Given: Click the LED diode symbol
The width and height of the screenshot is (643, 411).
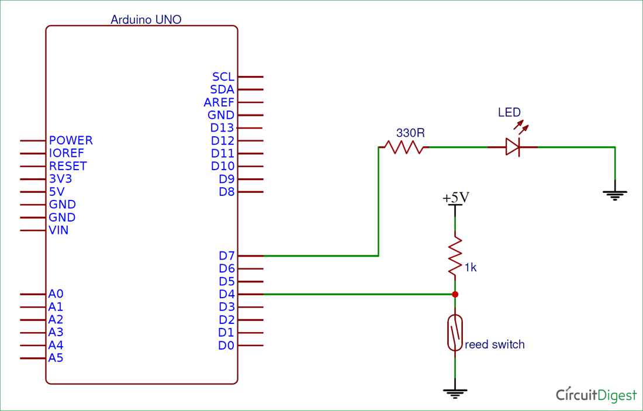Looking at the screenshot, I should click(x=513, y=147).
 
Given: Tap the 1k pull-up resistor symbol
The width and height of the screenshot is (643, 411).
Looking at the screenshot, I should click(x=455, y=255).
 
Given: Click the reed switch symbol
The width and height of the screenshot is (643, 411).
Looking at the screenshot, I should click(x=455, y=333).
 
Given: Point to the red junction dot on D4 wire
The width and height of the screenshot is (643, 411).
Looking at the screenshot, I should click(x=455, y=294).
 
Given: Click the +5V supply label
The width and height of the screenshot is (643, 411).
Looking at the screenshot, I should click(x=456, y=198).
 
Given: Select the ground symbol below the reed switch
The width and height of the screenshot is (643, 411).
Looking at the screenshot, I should click(x=455, y=393).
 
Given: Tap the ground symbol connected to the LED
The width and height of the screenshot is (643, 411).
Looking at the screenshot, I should click(x=615, y=194).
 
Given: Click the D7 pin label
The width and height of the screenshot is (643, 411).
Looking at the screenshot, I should click(x=226, y=255).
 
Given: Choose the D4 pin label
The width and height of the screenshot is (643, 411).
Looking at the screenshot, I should click(x=226, y=294).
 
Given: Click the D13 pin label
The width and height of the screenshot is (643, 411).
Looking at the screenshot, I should click(x=222, y=127).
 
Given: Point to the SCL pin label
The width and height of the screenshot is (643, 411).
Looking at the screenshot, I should click(x=223, y=77).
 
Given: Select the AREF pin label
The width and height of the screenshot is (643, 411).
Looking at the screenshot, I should click(x=219, y=102).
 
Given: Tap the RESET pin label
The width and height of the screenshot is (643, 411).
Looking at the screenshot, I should click(x=68, y=166).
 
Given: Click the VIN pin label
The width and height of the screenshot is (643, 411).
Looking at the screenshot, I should click(x=58, y=230).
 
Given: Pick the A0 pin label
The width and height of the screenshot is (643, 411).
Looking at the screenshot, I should click(x=56, y=294).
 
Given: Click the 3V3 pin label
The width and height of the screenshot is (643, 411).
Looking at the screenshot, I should click(x=60, y=179).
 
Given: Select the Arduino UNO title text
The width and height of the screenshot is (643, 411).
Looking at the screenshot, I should click(x=146, y=19).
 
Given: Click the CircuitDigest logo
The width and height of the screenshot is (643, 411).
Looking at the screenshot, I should click(x=596, y=395).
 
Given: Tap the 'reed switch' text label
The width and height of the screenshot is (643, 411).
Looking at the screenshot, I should click(x=495, y=344).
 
